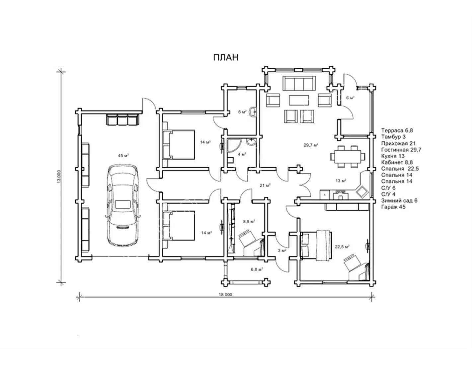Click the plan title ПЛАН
click(226, 57)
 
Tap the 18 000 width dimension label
click(225, 295)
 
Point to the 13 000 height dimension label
click(59, 177)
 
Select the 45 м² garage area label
click(123, 156)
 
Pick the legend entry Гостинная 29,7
click(401, 150)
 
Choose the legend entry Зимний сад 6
click(399, 200)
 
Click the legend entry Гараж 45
click(393, 207)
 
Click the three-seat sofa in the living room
click(299, 83)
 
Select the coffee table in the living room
click(299, 100)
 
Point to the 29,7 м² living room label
click(311, 145)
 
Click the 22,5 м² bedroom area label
click(342, 247)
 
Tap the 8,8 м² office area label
click(249, 221)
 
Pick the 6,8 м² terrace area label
click(257, 269)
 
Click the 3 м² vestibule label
click(282, 251)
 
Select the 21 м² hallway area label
click(265, 185)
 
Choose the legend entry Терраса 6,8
click(397, 130)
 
